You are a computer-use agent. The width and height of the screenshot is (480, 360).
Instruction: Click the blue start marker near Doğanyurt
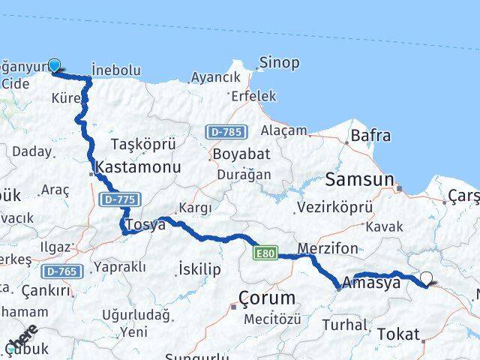coord(55,66)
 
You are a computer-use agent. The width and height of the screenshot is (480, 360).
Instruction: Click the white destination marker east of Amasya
coord(427,278)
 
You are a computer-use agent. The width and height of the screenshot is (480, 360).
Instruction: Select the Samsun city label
coord(359,179)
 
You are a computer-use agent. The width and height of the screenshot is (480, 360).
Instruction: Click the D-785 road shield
coord(224,132)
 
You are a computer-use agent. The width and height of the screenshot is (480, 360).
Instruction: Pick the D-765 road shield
coord(58,271)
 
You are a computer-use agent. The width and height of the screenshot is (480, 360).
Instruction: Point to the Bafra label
coord(370,136)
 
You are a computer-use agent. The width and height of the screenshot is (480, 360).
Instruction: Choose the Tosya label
coord(145,225)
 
